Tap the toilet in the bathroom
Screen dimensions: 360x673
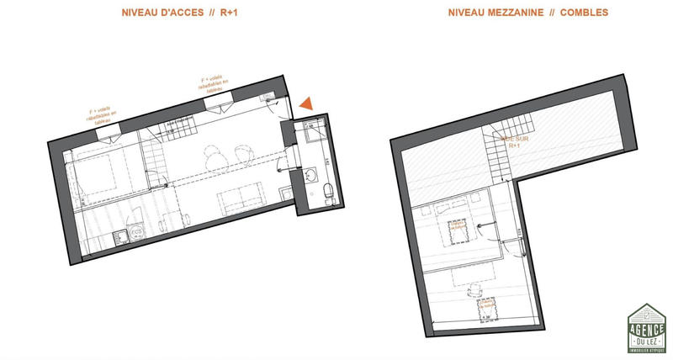[326, 193]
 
